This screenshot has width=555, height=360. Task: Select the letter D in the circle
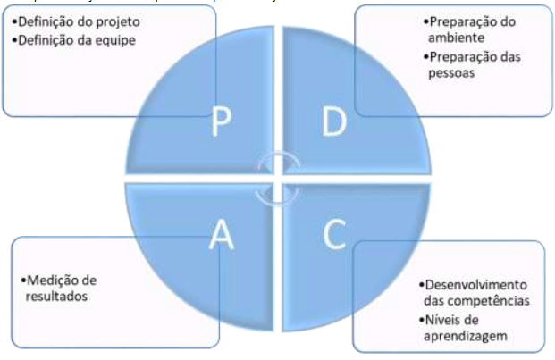pos(333,125)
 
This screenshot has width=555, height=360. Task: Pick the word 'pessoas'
pos(450,75)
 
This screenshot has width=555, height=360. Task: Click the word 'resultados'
pos(56,297)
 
